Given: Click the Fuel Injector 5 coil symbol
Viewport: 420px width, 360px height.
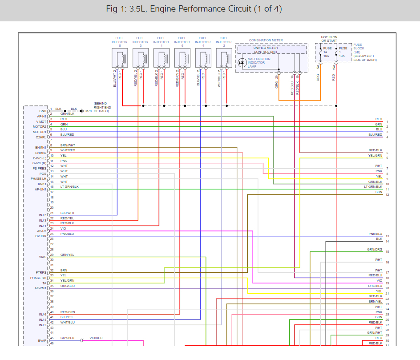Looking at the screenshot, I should (x=120, y=57).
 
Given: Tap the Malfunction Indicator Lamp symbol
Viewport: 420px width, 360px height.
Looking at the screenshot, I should (x=242, y=63).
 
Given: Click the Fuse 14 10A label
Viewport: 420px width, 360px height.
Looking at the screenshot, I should (x=327, y=53).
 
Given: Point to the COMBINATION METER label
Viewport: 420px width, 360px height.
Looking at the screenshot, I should (x=266, y=40).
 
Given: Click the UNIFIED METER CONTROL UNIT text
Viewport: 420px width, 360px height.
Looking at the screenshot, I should (x=266, y=50).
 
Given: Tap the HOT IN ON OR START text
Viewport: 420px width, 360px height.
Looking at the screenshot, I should (x=330, y=40).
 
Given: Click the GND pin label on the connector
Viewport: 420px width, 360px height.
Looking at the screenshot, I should (x=43, y=111).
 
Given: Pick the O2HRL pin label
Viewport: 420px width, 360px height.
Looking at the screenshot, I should (x=41, y=137).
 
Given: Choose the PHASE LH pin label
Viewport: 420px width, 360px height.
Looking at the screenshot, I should (x=39, y=178).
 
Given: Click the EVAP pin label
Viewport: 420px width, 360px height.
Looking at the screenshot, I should (x=42, y=340).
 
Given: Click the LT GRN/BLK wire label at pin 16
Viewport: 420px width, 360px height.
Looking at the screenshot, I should (x=69, y=186).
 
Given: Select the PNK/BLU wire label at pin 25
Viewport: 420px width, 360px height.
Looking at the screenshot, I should (x=67, y=234).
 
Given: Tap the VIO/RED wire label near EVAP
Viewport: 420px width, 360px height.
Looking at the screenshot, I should (x=96, y=338).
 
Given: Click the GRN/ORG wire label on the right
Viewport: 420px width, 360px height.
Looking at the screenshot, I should (x=375, y=250).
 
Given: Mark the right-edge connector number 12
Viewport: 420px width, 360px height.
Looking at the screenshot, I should (x=387, y=195).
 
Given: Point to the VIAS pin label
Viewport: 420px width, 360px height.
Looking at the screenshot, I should (x=43, y=257).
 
